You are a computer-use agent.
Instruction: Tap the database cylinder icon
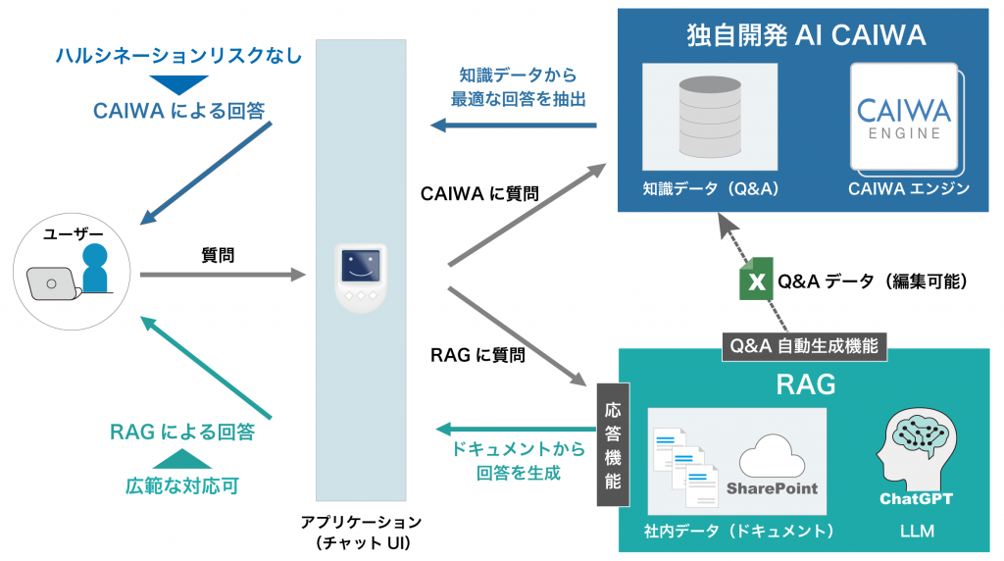709,117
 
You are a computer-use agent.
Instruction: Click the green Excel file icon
755,281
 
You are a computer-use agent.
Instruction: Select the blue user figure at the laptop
94,269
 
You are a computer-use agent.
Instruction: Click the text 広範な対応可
181,484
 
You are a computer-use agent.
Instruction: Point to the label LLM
916,532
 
